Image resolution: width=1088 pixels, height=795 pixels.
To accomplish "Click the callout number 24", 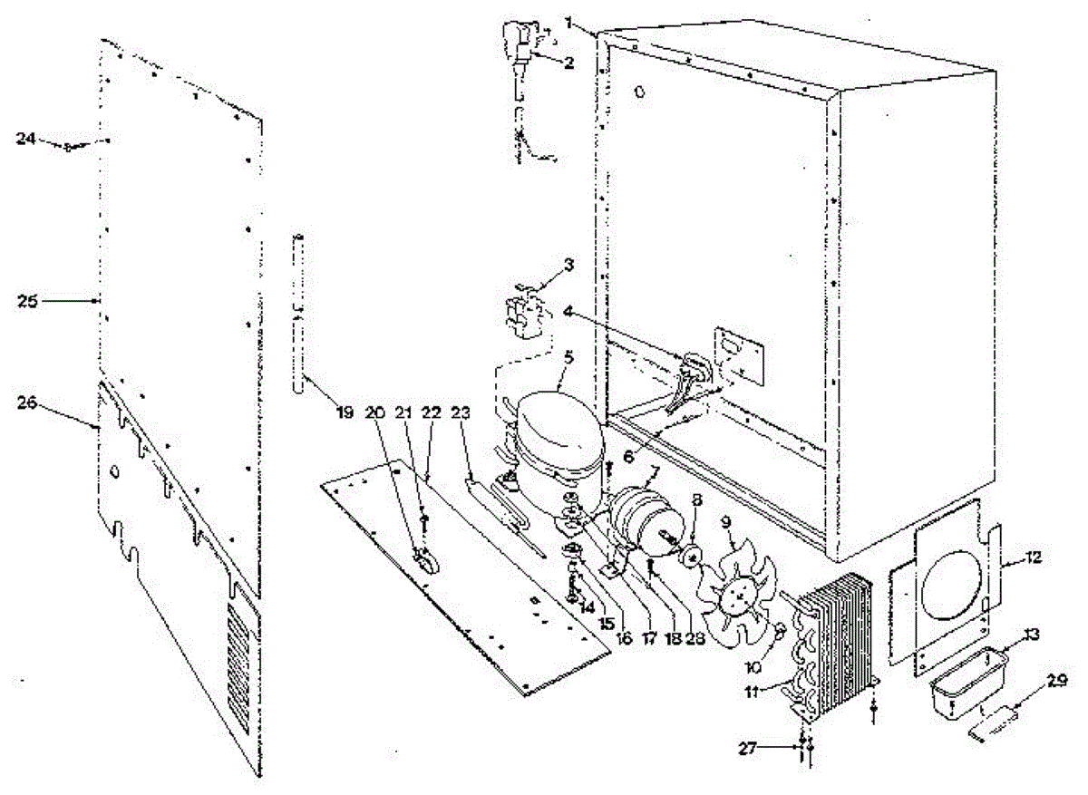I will [x=27, y=139].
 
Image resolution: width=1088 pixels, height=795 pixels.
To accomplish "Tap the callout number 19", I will [x=344, y=413].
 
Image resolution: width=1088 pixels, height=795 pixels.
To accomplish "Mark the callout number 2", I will [x=568, y=63].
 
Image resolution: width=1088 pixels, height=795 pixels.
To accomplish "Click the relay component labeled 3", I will [x=524, y=313].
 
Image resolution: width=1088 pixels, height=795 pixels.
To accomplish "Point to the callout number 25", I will [x=27, y=300].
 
